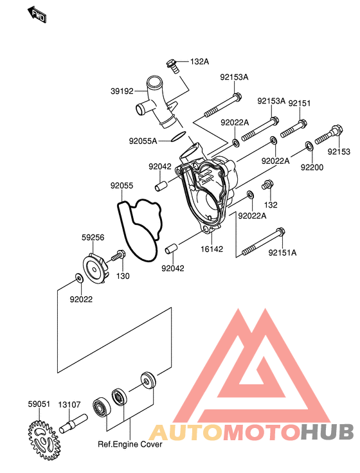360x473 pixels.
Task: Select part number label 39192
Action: coord(122,91)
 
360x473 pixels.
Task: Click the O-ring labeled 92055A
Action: coord(178,136)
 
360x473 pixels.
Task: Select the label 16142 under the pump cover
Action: coord(212,249)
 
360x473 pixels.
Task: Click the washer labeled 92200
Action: coord(309,146)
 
